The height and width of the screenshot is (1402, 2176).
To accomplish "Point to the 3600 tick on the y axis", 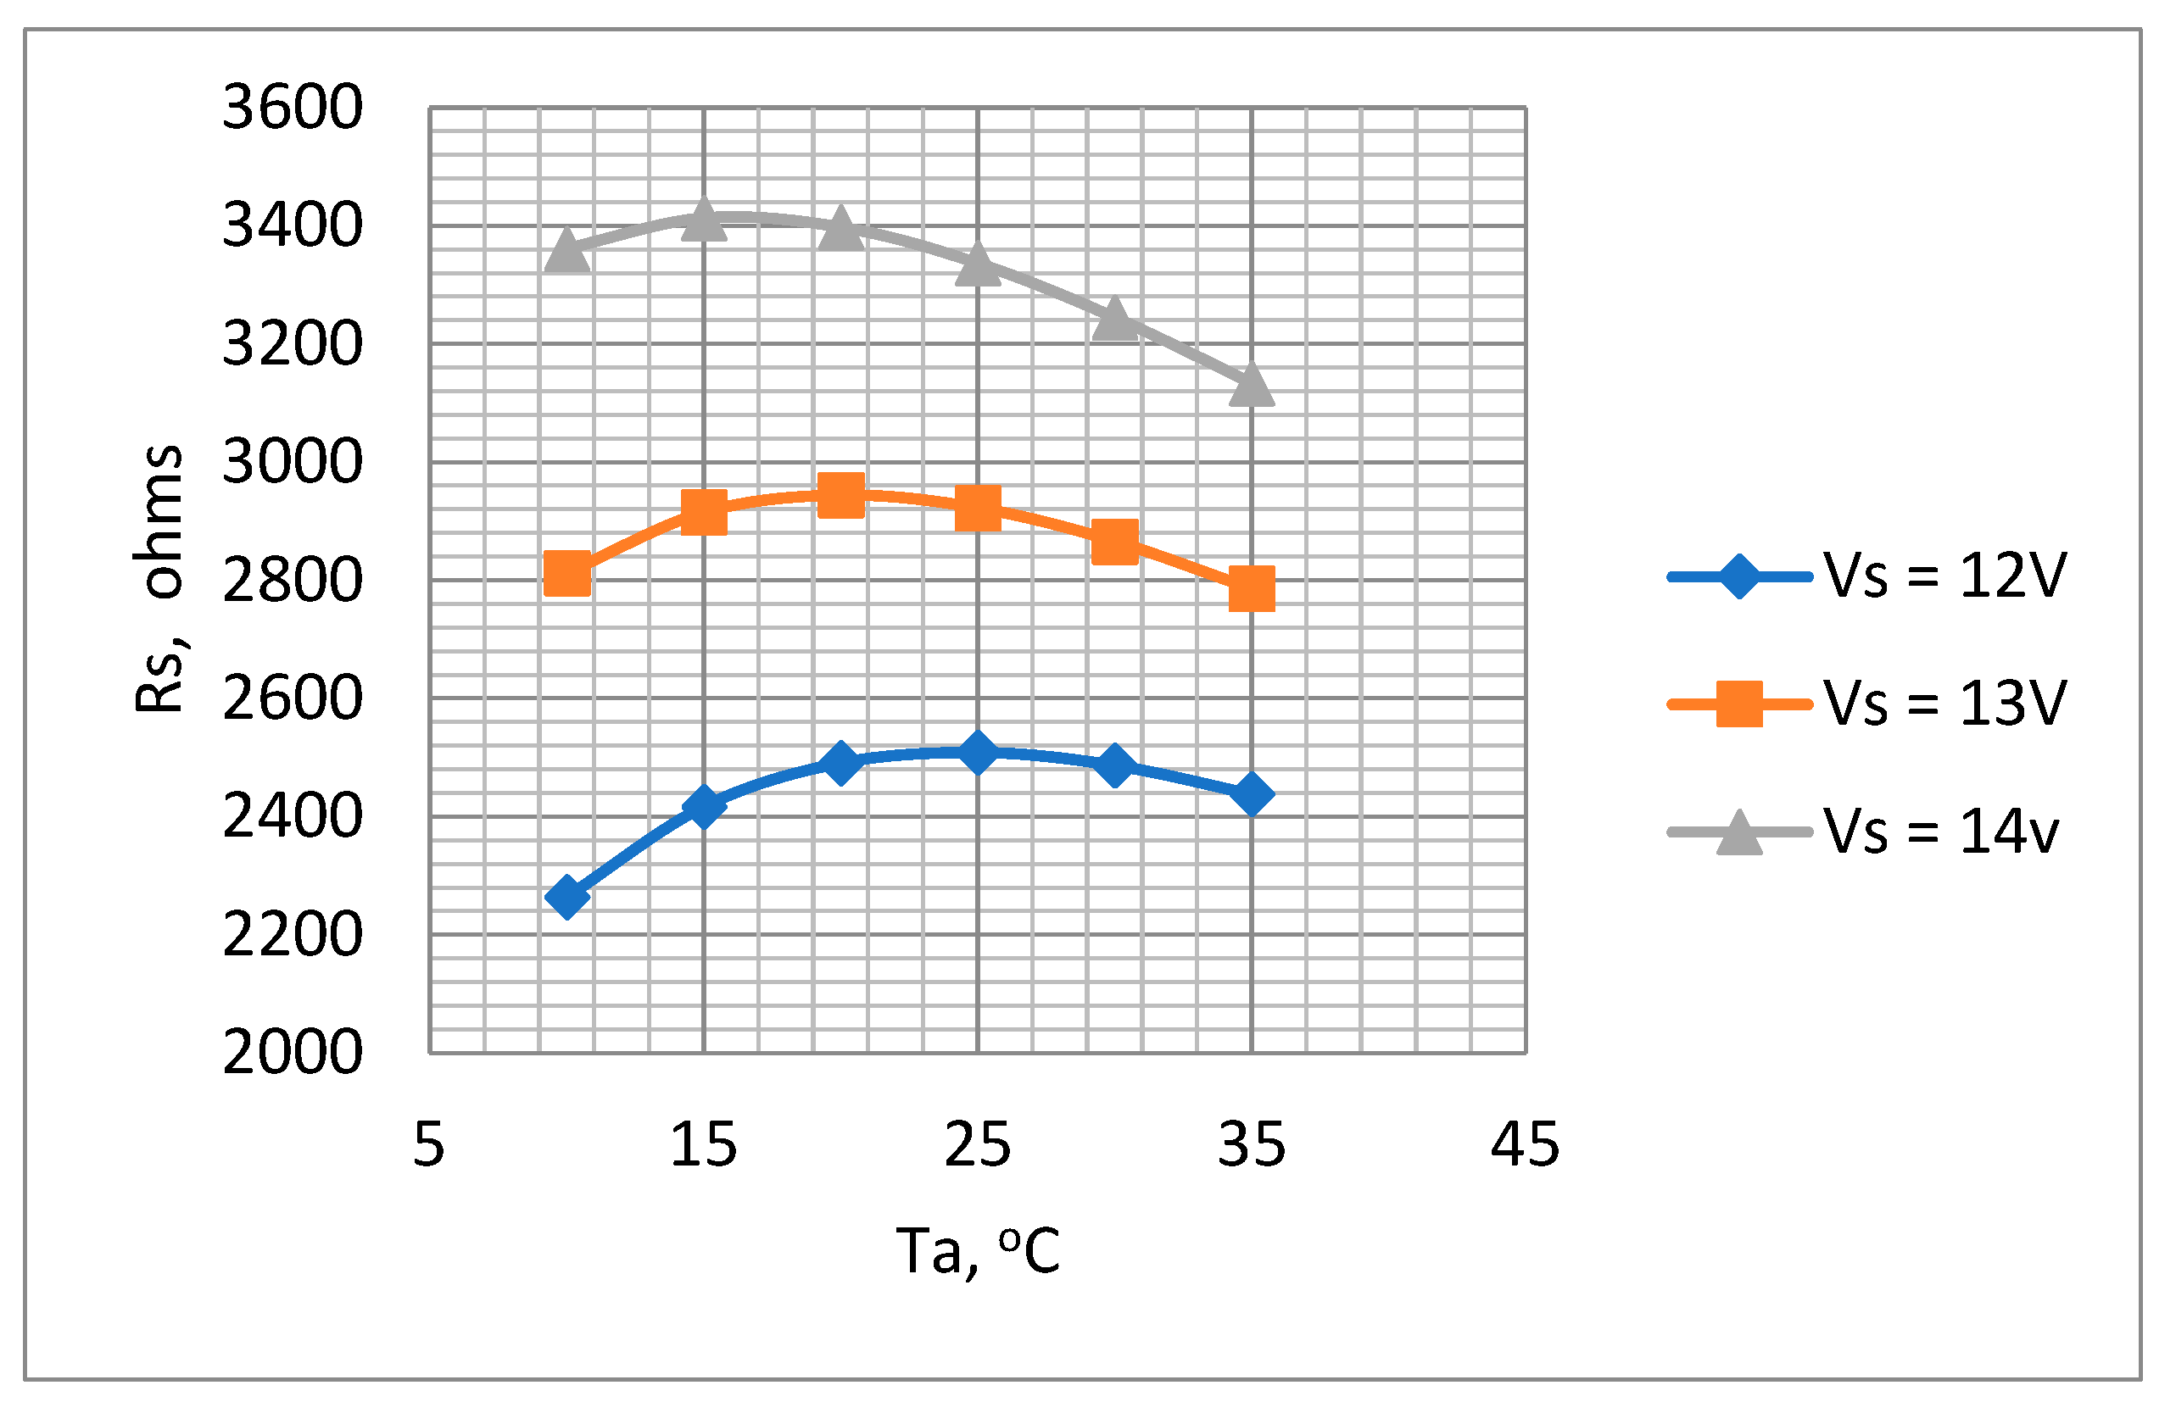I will (293, 108).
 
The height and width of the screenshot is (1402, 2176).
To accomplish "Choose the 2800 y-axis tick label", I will (293, 581).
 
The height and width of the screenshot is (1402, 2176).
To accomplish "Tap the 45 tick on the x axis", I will (1525, 1144).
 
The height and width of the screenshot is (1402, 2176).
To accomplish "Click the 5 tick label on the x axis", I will (429, 1144).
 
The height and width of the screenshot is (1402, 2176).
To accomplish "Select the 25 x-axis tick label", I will (977, 1144).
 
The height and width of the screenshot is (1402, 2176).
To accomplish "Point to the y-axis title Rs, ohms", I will (159, 579).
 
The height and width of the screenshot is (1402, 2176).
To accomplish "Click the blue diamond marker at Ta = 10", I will (566, 898).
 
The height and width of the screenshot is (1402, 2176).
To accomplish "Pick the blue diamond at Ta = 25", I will (977, 752).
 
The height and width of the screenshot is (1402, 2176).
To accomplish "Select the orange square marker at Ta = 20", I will (840, 495).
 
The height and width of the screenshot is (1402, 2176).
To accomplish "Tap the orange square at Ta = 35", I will (1252, 589).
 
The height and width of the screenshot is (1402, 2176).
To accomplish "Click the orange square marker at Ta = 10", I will (566, 574).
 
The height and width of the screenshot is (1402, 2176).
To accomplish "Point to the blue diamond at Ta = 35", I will (1252, 794).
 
